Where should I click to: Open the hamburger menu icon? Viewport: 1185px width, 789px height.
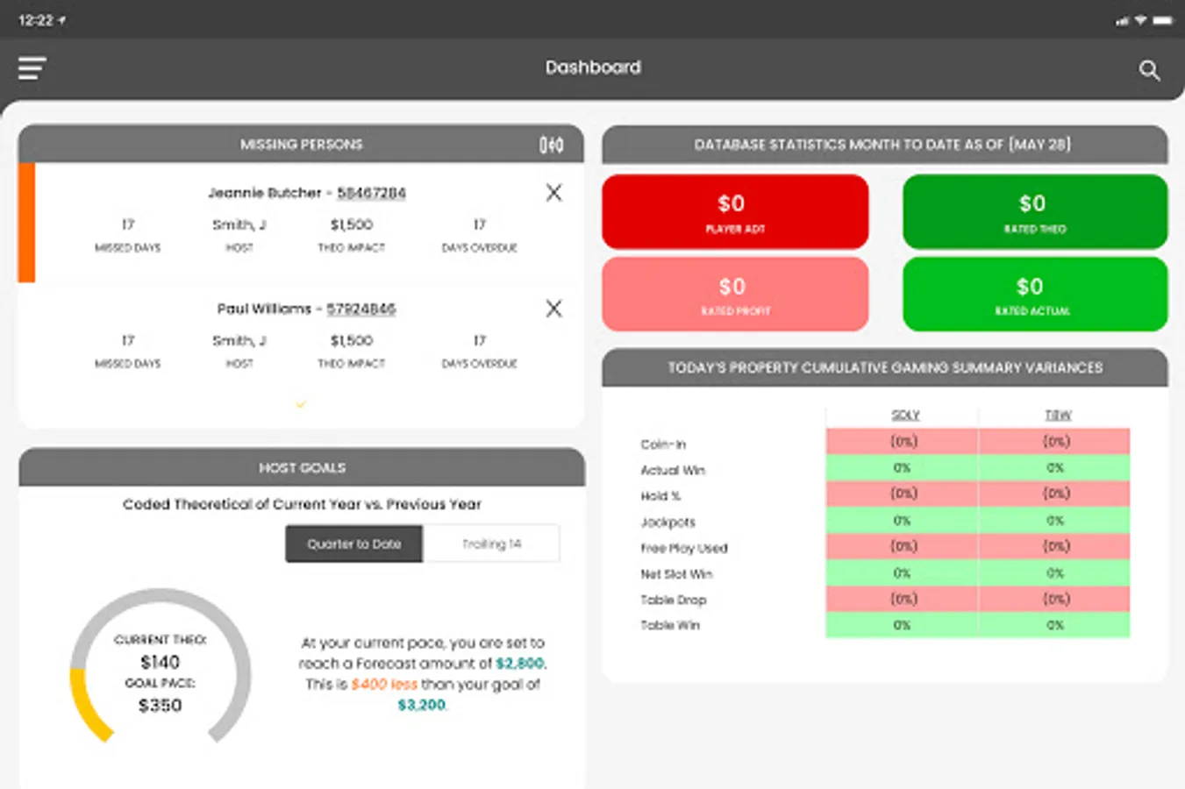tap(32, 68)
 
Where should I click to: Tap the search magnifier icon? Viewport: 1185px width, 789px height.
tap(1149, 70)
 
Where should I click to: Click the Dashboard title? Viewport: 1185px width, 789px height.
tap(593, 68)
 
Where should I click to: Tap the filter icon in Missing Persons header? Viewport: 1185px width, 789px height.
tap(551, 145)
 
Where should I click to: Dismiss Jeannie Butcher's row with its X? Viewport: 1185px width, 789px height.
tap(553, 193)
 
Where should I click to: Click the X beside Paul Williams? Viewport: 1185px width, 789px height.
tap(553, 309)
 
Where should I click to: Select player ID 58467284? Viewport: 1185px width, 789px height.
tap(371, 193)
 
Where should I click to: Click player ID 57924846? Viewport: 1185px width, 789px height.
tap(360, 309)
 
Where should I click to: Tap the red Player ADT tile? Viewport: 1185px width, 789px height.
tap(735, 212)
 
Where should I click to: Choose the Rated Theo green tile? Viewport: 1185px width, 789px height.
tap(1035, 212)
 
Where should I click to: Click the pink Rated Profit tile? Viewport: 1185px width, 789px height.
tap(735, 295)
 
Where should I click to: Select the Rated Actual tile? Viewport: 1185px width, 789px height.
tap(1035, 295)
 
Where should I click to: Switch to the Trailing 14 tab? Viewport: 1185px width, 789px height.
tap(491, 544)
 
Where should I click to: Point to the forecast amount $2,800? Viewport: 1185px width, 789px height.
tap(519, 664)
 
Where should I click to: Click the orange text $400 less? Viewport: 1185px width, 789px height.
tap(384, 685)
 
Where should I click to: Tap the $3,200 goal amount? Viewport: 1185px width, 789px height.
tap(422, 705)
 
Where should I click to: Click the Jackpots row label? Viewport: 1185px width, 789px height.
tap(668, 522)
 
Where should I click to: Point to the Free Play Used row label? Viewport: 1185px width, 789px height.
tap(684, 548)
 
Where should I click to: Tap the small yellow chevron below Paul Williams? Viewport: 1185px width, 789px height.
tap(301, 404)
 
